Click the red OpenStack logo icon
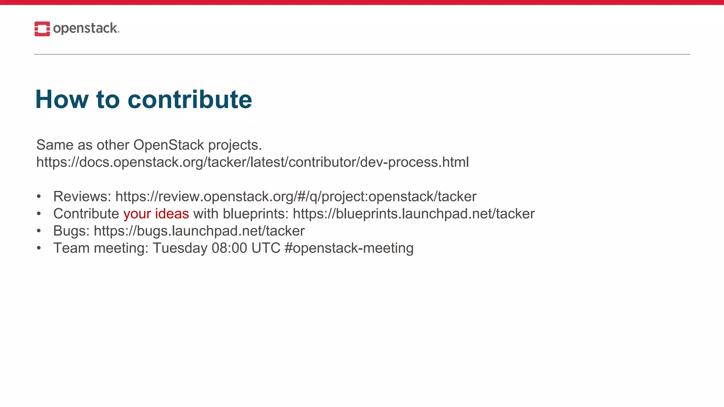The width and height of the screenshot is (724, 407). tap(42, 29)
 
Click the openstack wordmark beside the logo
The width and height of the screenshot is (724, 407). tap(86, 28)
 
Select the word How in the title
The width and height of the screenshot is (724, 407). tap(62, 99)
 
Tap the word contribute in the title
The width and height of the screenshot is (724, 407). tap(190, 99)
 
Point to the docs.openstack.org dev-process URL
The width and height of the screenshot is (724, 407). tap(252, 162)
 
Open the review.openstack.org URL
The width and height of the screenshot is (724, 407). tap(296, 196)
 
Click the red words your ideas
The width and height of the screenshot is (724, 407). tap(156, 214)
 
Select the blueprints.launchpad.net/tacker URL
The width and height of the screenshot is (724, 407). tap(414, 214)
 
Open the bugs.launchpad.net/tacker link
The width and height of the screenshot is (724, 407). tap(199, 231)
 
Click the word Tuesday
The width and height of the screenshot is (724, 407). tap(180, 248)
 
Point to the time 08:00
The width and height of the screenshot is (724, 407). tap(229, 248)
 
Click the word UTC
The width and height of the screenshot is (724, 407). tap(266, 248)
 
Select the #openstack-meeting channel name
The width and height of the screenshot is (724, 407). tap(349, 248)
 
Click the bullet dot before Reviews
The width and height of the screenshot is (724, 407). tap(39, 196)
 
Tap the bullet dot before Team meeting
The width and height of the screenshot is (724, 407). tap(39, 248)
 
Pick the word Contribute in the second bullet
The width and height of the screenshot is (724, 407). tap(86, 214)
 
